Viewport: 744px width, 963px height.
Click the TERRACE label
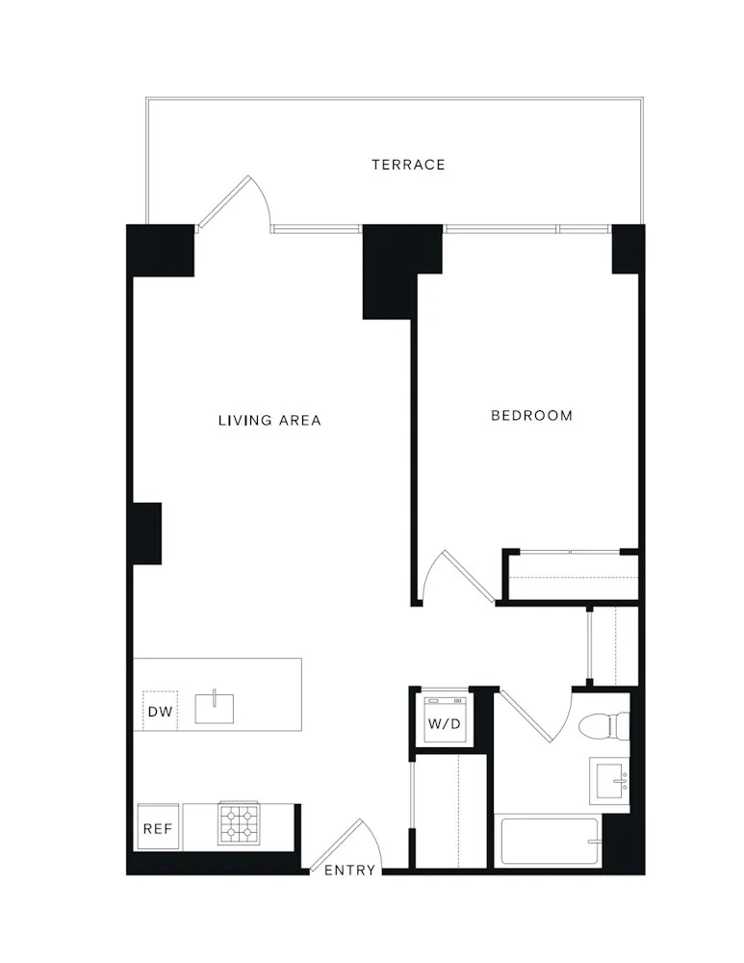[408, 165]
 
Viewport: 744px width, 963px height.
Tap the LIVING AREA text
[269, 421]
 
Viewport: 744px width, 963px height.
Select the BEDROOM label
[531, 416]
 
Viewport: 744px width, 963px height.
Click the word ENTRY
[349, 871]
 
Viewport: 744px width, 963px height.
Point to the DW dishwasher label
[159, 713]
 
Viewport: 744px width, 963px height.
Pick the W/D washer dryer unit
[445, 720]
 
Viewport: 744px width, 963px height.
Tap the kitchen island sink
[214, 708]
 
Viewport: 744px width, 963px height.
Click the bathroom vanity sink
[610, 779]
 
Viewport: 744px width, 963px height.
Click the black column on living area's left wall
[146, 533]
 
